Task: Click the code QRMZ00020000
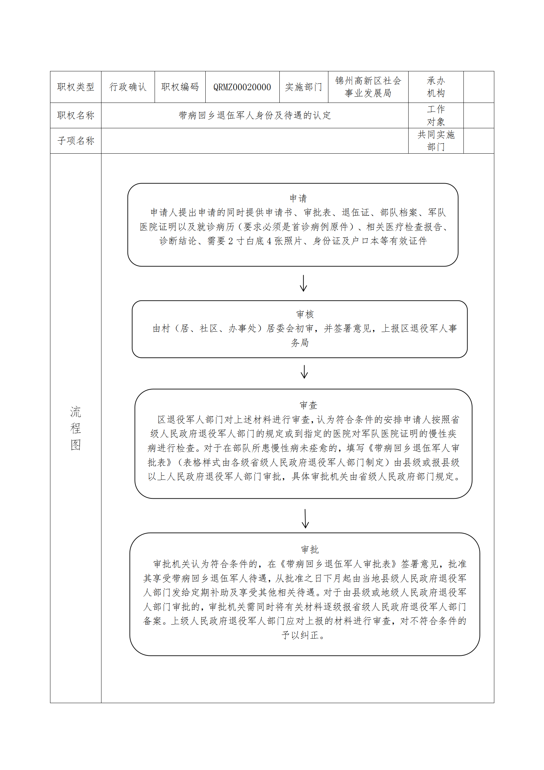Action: click(242, 87)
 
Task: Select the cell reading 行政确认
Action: click(128, 87)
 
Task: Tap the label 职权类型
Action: click(76, 87)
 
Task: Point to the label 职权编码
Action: click(180, 87)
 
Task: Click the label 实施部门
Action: click(304, 87)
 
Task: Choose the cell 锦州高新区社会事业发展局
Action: click(368, 87)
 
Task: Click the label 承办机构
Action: click(436, 87)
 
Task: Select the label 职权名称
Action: click(76, 116)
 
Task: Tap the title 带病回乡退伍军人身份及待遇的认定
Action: click(255, 116)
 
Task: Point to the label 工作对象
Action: click(436, 116)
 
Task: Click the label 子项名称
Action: click(76, 141)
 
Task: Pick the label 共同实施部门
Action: click(436, 141)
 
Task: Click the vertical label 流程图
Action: click(76, 428)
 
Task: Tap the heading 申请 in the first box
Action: click(298, 198)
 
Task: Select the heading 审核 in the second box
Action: click(305, 314)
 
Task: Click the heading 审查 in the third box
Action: click(309, 405)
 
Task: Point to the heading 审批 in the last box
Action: click(310, 550)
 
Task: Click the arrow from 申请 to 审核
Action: click(303, 283)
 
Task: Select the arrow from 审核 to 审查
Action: click(304, 372)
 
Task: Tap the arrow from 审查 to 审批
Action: click(305, 519)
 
